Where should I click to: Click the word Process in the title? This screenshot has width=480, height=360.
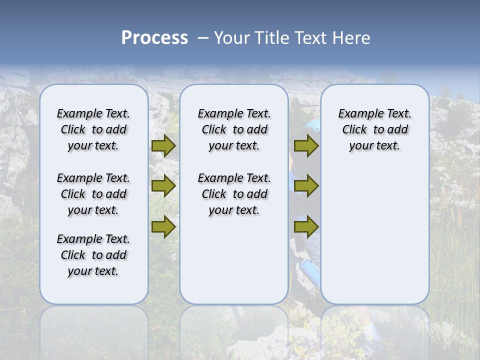(x=154, y=37)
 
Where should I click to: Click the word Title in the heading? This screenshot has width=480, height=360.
(x=271, y=38)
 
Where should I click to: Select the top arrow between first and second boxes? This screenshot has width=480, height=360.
(x=163, y=146)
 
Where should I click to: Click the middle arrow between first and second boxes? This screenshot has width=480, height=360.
(x=163, y=186)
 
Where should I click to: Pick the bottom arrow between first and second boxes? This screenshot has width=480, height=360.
(x=163, y=227)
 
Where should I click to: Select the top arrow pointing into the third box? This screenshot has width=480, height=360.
(x=306, y=146)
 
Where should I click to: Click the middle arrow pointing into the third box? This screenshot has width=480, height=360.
(x=306, y=186)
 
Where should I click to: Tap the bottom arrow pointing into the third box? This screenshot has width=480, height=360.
(x=306, y=227)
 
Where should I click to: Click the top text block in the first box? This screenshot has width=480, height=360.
(x=93, y=129)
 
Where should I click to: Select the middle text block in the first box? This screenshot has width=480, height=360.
(x=93, y=194)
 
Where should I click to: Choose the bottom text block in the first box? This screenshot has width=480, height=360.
(x=93, y=255)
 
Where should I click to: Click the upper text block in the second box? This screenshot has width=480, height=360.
(x=234, y=129)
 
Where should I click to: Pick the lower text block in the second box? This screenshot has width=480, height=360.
(x=234, y=194)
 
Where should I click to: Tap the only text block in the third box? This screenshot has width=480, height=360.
(x=374, y=129)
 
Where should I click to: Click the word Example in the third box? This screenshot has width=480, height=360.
(x=357, y=114)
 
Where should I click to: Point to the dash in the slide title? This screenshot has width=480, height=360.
(x=203, y=38)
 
